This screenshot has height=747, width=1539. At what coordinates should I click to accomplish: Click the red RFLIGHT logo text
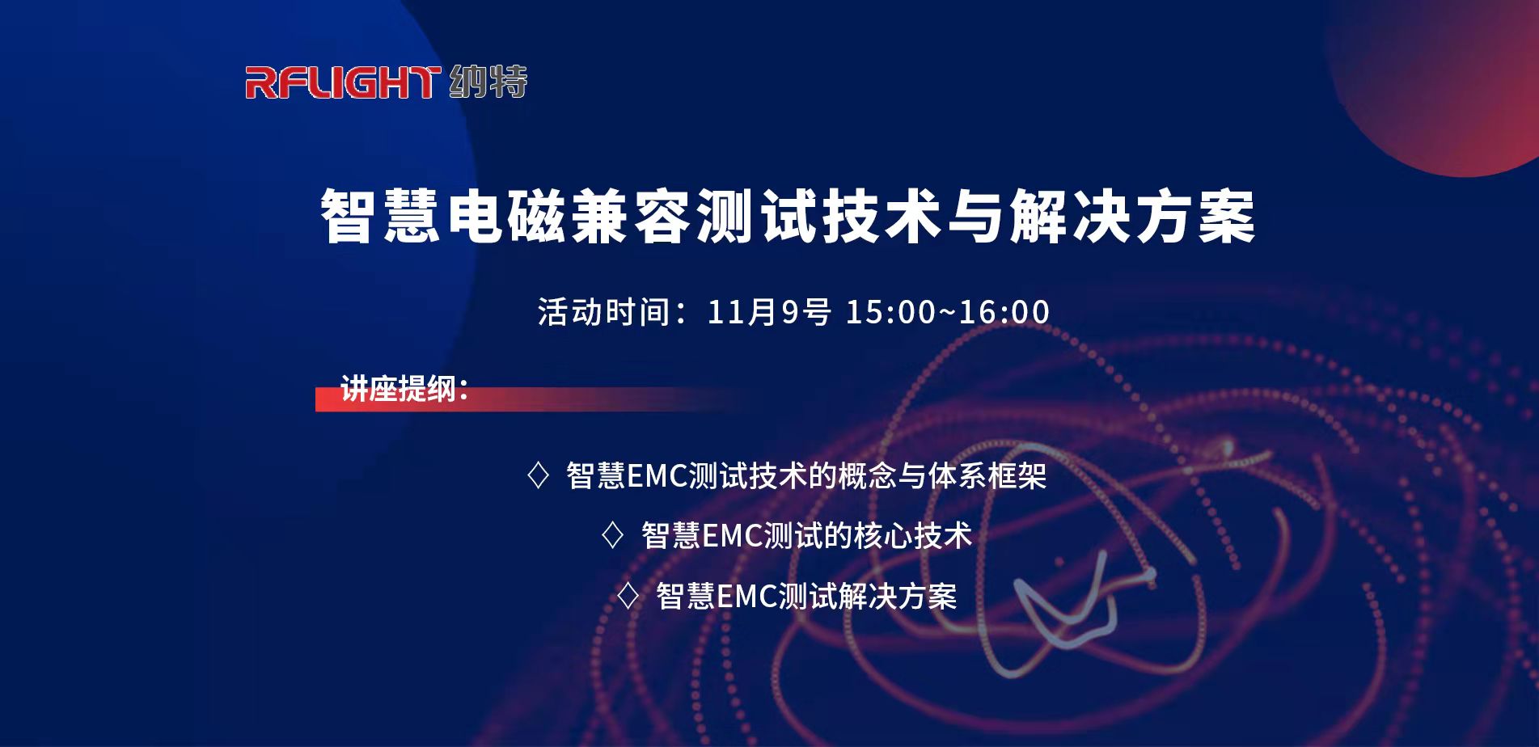343,82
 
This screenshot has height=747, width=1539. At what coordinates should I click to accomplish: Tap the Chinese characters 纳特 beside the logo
488,82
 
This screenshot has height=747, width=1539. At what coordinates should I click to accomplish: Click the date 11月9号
769,312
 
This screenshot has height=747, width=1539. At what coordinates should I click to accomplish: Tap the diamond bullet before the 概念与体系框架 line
538,475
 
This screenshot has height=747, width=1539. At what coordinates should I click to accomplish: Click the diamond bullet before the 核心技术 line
613,535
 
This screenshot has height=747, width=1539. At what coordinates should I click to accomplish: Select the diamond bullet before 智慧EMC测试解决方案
628,597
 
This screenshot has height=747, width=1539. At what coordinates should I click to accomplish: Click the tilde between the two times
947,312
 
